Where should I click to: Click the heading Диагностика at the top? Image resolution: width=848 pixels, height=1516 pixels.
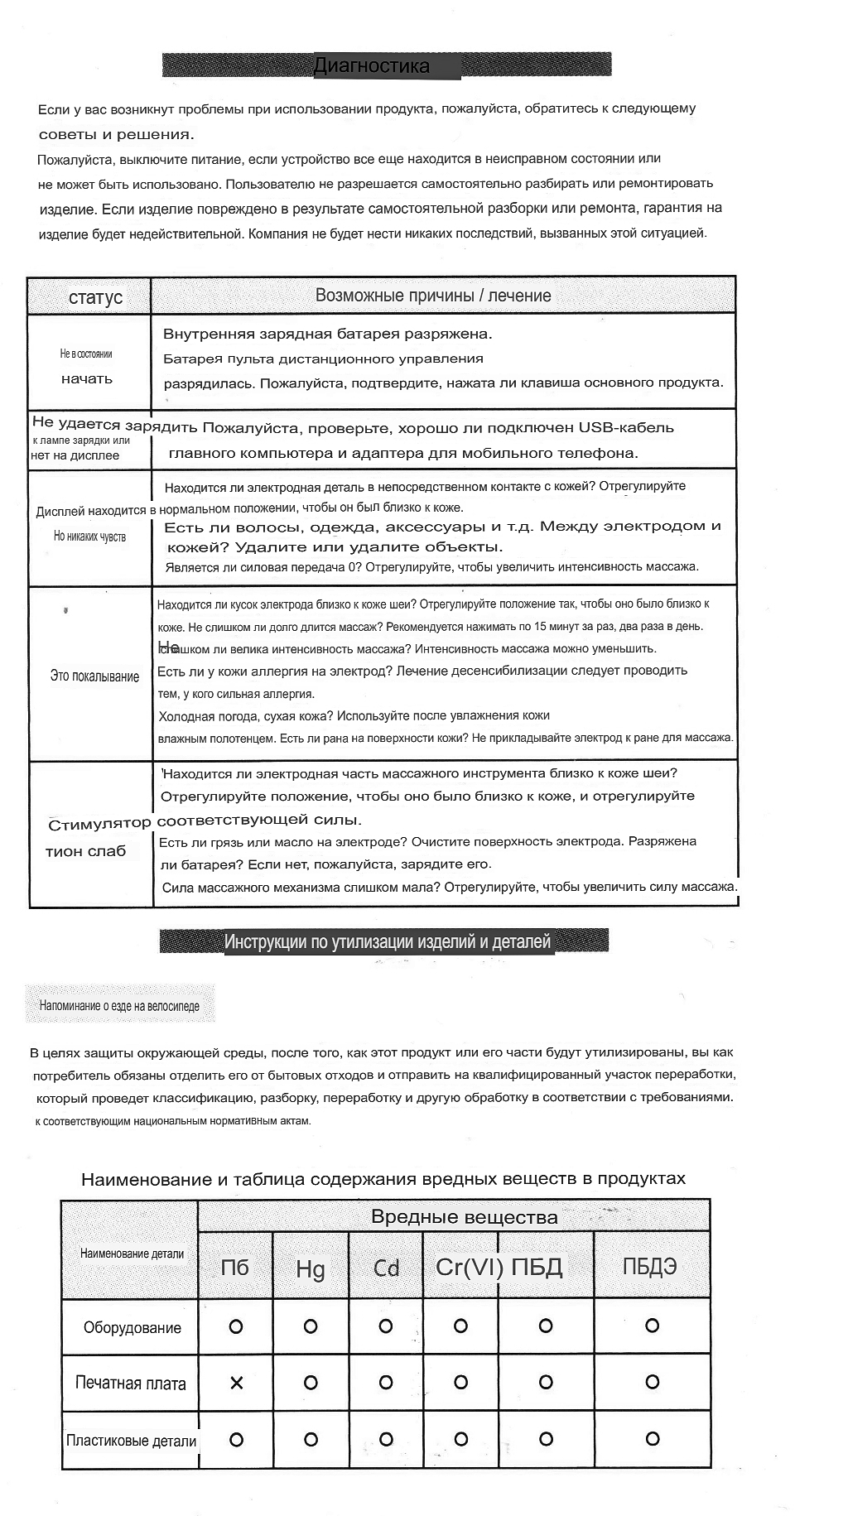click(372, 66)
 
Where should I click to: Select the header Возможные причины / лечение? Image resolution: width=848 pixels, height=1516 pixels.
click(433, 296)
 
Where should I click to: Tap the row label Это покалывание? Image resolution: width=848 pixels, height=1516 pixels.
click(94, 676)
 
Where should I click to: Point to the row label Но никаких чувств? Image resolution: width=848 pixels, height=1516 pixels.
click(89, 537)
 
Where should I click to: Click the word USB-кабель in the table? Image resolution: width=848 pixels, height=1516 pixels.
click(626, 428)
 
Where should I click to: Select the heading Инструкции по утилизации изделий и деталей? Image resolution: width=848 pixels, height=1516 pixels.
click(387, 942)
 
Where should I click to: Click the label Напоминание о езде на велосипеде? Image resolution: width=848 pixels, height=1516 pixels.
click(119, 1006)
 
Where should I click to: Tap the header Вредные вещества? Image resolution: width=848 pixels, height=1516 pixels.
click(464, 1217)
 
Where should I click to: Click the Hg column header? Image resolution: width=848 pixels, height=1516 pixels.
click(311, 1268)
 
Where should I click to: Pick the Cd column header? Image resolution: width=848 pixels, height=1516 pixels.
click(386, 1268)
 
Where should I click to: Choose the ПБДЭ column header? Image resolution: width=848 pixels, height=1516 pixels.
click(650, 1266)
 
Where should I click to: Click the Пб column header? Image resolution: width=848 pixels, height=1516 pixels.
click(235, 1268)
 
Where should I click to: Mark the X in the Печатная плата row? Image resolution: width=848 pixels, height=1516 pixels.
click(236, 1383)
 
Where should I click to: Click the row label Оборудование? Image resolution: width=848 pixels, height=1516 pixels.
click(132, 1328)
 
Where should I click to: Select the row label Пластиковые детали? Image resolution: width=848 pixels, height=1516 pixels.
click(131, 1441)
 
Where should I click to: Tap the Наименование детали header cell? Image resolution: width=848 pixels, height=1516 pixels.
click(132, 1254)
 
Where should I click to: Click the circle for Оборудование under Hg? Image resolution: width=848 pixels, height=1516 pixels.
click(311, 1326)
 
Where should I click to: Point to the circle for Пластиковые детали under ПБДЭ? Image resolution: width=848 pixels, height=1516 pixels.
click(652, 1439)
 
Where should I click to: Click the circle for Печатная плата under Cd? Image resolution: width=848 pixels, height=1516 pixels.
click(385, 1382)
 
